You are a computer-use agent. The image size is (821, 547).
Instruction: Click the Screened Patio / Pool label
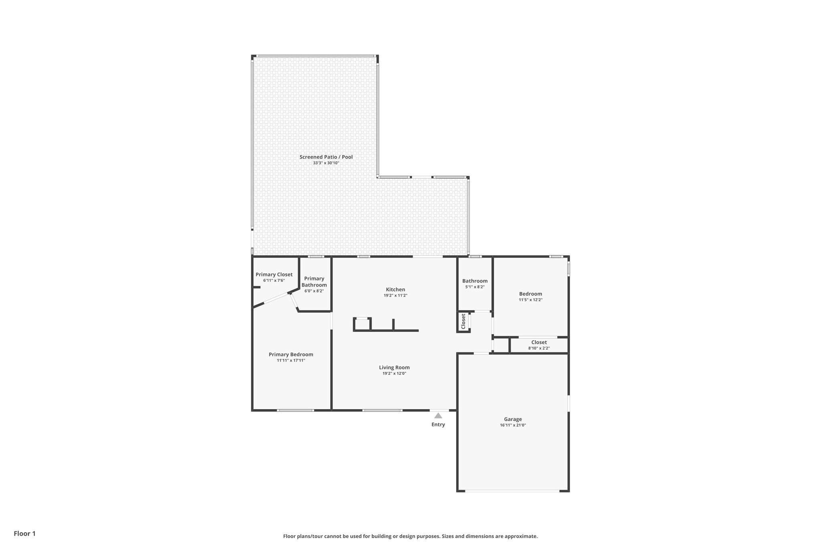pos(326,157)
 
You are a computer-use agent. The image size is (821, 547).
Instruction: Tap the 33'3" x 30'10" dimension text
pos(326,163)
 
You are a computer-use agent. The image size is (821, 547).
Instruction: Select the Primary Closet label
pos(274,275)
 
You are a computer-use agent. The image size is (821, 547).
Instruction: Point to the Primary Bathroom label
pos(314,282)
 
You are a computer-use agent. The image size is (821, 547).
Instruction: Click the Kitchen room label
pos(395,289)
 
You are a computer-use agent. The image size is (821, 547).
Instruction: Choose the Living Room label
pos(394,367)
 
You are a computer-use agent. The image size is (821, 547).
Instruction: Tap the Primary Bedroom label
pos(291,355)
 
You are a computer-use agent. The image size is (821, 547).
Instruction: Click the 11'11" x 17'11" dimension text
pos(291,361)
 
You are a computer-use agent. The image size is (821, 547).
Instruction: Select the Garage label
pos(513,419)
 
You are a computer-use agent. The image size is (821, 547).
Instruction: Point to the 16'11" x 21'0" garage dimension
pos(513,425)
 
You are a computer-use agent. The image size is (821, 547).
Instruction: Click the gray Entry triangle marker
pos(438,416)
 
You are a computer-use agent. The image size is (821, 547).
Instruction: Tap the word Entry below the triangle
pos(438,425)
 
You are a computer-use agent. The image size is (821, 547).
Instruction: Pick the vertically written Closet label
pos(463,321)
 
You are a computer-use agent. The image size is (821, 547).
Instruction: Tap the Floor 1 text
pos(25,533)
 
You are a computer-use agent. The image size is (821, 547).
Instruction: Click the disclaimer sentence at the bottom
pos(410,536)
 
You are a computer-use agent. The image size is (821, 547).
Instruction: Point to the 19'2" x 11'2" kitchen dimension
pos(395,295)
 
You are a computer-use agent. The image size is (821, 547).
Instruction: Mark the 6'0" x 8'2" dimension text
pos(314,291)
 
